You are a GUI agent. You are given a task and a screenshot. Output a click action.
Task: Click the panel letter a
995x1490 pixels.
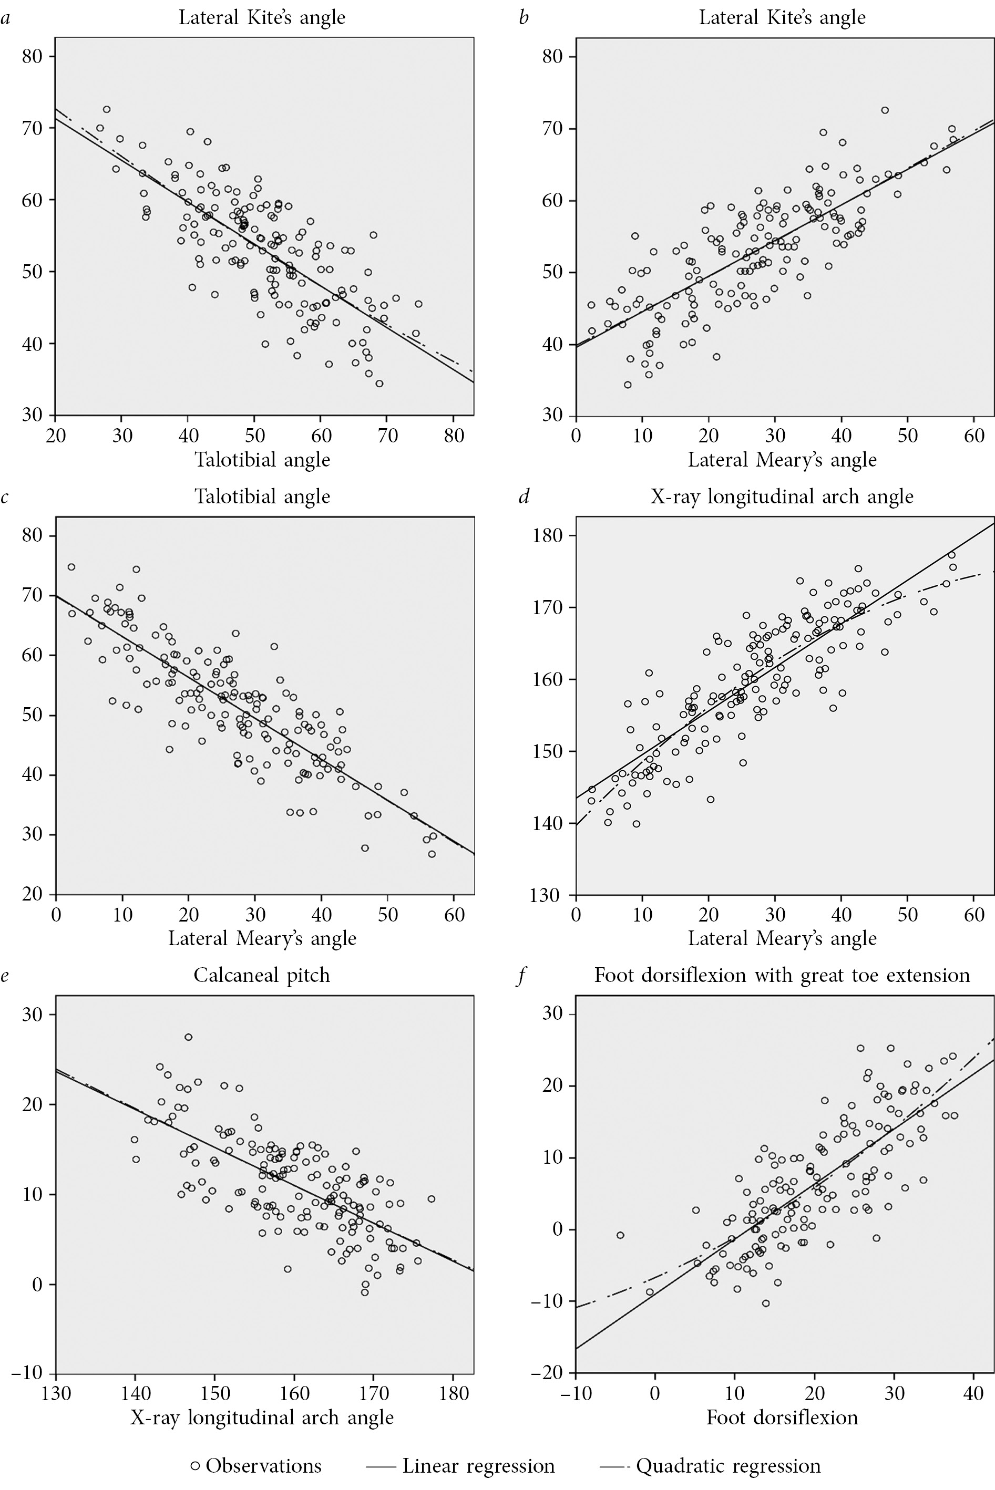[5, 18]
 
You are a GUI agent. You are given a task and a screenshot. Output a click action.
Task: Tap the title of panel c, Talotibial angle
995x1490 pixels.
[262, 496]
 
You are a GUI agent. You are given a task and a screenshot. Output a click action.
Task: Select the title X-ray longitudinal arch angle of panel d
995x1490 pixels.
[782, 496]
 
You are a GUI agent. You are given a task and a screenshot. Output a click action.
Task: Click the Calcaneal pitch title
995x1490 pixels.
[262, 975]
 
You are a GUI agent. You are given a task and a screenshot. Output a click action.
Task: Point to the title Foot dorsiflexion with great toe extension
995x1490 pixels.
[782, 975]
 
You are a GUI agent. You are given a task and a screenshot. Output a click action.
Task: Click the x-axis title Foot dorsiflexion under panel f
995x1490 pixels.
[782, 1417]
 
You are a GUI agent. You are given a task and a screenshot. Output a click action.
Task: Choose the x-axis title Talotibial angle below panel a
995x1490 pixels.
[262, 459]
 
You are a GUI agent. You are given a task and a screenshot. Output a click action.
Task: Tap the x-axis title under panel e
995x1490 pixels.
[262, 1417]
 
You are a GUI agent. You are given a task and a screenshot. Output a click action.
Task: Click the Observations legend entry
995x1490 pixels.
[257, 1466]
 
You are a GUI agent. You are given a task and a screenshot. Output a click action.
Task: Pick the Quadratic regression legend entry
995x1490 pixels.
[710, 1466]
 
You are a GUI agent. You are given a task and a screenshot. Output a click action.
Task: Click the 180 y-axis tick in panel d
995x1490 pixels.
[548, 535]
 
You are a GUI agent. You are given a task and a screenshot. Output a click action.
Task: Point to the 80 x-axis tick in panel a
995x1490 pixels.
[454, 436]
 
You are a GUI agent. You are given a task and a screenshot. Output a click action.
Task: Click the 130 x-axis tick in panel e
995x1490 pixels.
[56, 1393]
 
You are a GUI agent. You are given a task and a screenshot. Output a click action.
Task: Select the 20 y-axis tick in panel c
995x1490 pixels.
[33, 894]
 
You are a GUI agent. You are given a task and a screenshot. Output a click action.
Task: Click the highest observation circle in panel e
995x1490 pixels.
[189, 1037]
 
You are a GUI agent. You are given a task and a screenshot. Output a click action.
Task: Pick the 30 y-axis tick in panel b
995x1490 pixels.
[553, 416]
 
